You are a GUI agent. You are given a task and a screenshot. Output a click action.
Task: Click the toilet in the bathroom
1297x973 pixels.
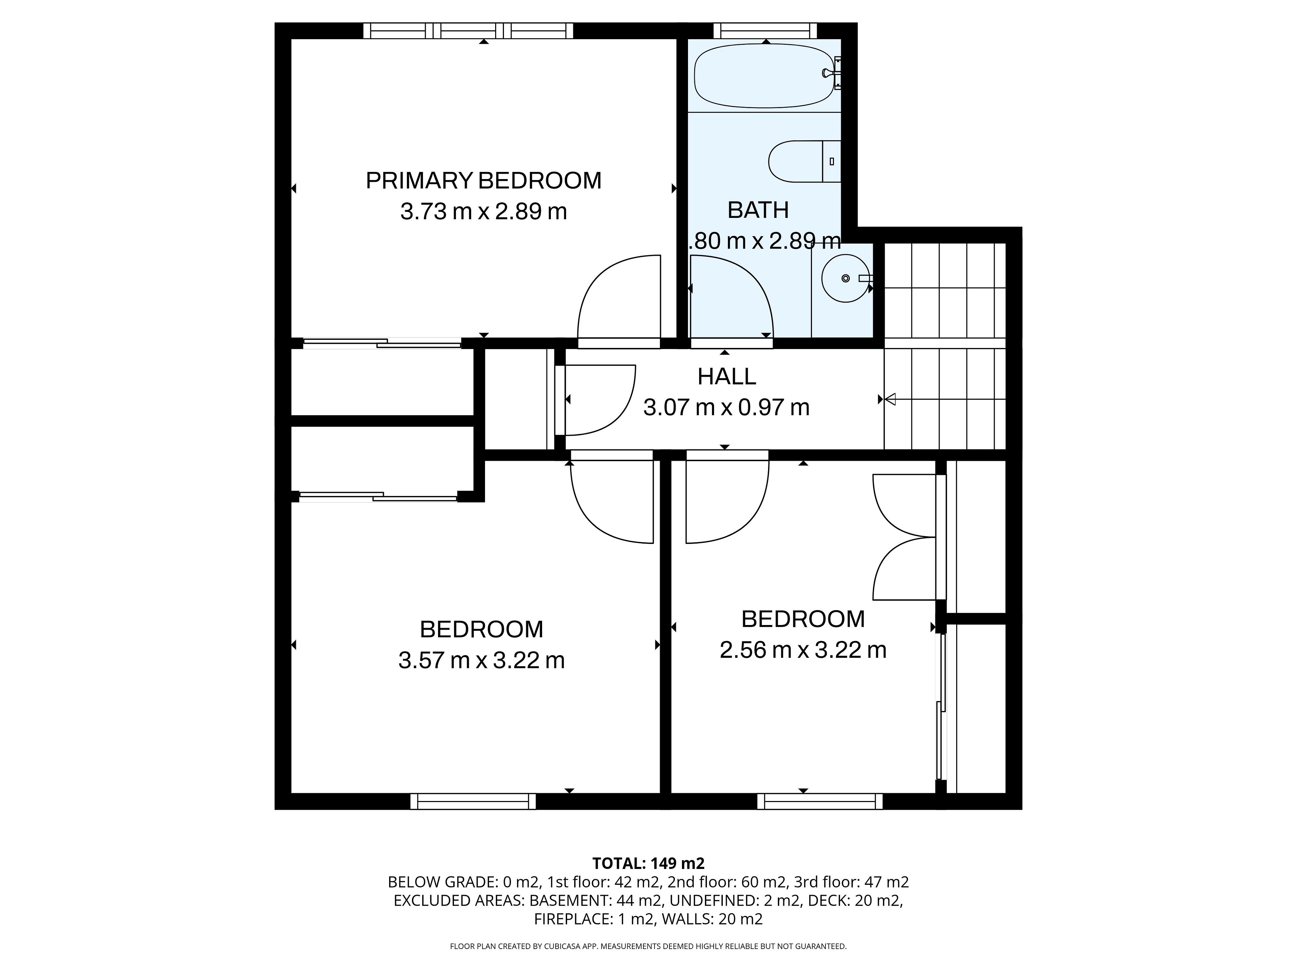805,161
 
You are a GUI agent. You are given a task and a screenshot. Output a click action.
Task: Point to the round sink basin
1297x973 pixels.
845,278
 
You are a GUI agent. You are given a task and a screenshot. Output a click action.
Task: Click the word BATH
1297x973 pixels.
758,210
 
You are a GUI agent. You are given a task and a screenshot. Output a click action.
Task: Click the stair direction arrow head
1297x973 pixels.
890,399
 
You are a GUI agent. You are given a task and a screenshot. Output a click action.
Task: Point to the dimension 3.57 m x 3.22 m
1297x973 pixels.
481,661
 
